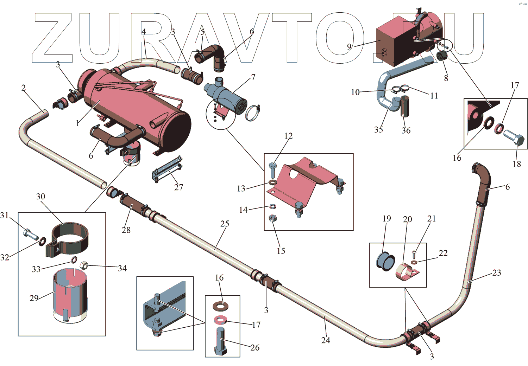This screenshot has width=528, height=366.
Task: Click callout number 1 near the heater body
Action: coord(77,123)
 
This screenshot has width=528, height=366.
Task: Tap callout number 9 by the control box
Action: coord(349,46)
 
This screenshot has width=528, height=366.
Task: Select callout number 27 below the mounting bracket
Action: coord(178,187)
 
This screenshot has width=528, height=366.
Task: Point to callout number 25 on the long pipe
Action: coord(225,224)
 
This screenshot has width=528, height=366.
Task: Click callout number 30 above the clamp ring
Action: coord(40,197)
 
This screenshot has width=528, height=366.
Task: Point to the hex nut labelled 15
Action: coord(272,218)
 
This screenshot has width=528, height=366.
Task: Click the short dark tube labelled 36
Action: coord(405,106)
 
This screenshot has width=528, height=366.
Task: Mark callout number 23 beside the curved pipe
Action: coord(496,273)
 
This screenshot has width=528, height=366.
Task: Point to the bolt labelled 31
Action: coord(30,234)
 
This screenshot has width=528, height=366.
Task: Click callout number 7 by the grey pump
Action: coord(253,77)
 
